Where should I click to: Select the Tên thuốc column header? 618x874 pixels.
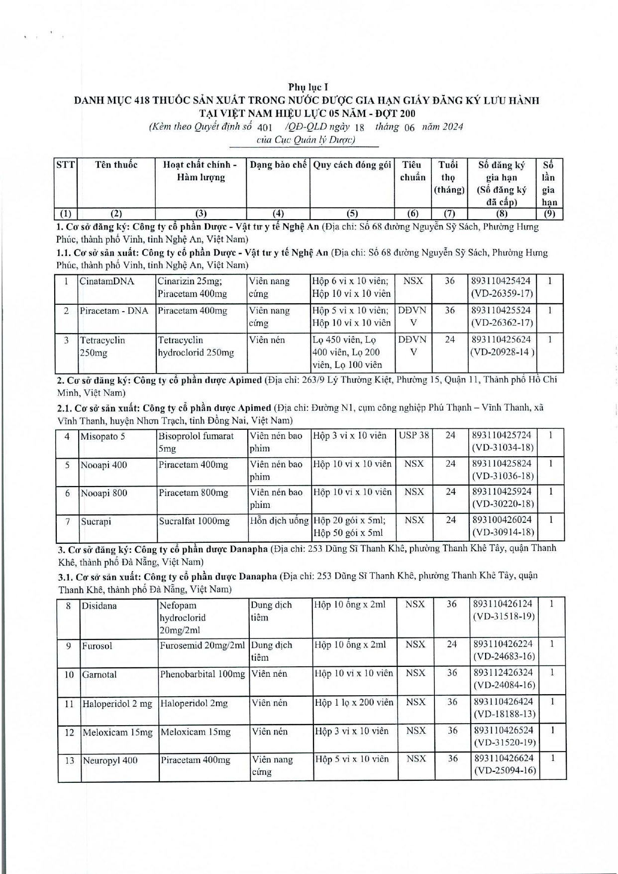pos(116,165)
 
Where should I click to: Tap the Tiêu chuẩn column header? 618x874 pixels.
pos(412,171)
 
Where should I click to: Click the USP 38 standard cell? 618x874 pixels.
pos(413,435)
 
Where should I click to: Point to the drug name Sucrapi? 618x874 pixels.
pos(96,521)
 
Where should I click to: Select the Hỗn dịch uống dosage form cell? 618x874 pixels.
pos(279,521)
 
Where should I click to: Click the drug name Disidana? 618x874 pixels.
pos(100,606)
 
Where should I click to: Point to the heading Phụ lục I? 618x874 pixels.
pos(308,87)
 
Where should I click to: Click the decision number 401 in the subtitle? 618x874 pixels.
pos(265,127)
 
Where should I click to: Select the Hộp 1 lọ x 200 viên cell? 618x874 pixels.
pos(354,703)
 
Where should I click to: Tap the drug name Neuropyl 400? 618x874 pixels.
pos(110,761)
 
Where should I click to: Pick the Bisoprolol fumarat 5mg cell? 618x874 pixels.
pos(196,442)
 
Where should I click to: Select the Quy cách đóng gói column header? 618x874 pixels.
pos(352,165)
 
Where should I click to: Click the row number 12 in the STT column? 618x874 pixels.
pos(69,733)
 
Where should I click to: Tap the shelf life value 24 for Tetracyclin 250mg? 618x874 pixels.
pos(450,340)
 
